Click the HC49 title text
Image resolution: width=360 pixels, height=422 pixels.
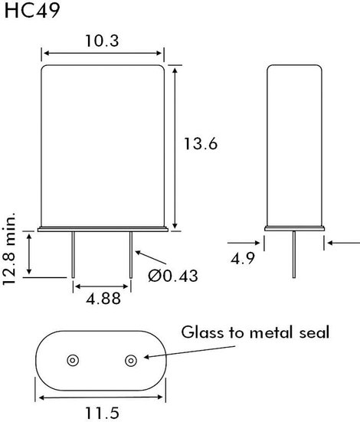click(x=32, y=11)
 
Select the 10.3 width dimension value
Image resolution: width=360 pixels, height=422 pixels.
click(x=102, y=41)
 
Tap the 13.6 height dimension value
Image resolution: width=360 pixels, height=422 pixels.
click(x=201, y=143)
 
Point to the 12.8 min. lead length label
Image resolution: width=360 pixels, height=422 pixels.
click(x=9, y=248)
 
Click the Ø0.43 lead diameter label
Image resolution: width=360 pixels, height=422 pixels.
click(x=173, y=276)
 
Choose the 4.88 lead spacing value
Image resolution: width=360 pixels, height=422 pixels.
click(x=103, y=299)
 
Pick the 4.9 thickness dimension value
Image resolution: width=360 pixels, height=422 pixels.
click(x=243, y=259)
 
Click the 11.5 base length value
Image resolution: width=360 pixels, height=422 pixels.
click(x=102, y=413)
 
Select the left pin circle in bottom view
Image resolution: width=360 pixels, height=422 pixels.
click(x=73, y=361)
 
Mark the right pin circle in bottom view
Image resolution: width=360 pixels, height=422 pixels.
click(x=131, y=361)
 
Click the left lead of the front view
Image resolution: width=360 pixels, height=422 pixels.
click(x=73, y=254)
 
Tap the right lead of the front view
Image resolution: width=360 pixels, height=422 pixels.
click(x=131, y=254)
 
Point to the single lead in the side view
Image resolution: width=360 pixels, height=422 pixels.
click(x=294, y=254)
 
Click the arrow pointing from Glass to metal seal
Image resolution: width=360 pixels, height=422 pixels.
click(x=189, y=352)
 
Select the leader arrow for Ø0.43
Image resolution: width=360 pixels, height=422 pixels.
click(x=151, y=257)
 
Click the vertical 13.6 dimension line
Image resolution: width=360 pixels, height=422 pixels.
click(x=175, y=149)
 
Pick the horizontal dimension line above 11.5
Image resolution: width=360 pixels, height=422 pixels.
click(x=101, y=397)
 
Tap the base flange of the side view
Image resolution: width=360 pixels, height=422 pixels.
click(x=294, y=229)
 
